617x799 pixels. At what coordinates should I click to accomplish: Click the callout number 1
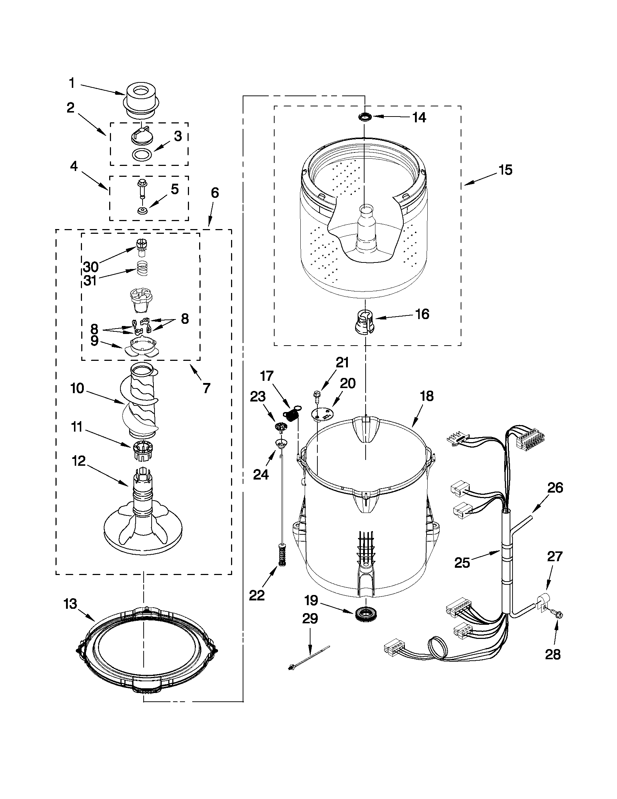72,83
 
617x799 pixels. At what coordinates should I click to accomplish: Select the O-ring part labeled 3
141,155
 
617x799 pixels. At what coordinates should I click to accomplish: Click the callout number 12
79,461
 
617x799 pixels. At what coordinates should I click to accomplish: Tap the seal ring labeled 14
365,117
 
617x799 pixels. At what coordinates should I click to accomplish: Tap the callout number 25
462,562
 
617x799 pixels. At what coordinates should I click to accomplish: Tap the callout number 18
427,396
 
